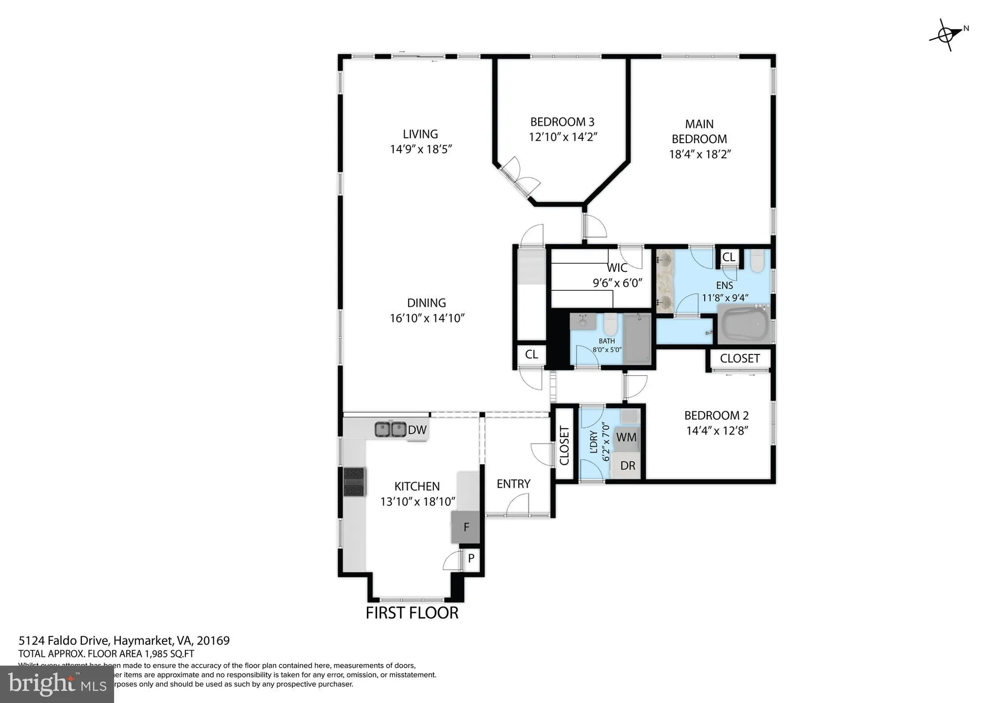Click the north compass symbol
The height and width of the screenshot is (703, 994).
[x=946, y=35]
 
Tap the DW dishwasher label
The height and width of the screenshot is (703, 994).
[x=417, y=430]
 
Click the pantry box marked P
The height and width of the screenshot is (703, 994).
[x=471, y=558]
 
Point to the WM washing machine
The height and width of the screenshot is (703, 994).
[x=626, y=438]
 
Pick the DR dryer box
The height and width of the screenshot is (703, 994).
[x=627, y=466]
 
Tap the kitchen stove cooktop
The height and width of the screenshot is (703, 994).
[x=354, y=482]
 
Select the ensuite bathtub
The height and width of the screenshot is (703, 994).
[x=743, y=325]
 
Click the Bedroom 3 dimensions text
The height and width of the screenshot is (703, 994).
[x=563, y=137]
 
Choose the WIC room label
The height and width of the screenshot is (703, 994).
[x=617, y=268]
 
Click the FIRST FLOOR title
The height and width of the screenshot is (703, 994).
[x=412, y=613]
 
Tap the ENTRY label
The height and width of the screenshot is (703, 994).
[x=513, y=484]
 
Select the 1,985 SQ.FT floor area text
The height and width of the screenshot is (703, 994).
[x=169, y=654]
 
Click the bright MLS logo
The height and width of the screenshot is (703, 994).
[x=57, y=684]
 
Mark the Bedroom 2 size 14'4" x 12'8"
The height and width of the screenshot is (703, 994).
[x=717, y=431]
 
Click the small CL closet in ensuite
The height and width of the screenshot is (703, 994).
[x=729, y=257]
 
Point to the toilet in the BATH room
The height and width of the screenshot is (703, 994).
[x=610, y=325]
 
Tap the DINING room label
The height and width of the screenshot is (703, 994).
[x=426, y=303]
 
